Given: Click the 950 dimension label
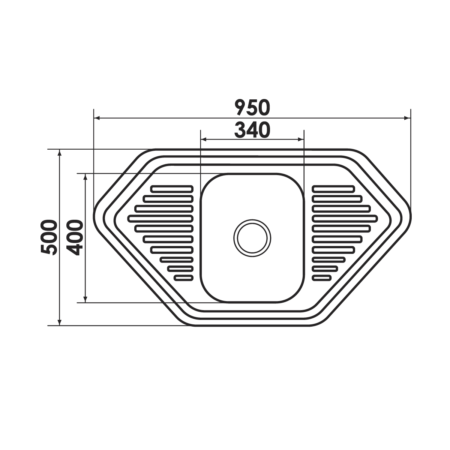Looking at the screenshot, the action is tap(252, 107).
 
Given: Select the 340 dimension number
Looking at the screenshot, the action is tap(252, 130).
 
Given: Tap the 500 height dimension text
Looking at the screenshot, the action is tap(49, 237).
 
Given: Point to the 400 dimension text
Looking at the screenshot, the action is tap(75, 237).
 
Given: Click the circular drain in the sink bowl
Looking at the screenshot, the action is tap(252, 238).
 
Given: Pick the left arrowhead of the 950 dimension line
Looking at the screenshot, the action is tap(97, 118).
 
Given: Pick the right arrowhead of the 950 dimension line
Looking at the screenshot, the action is tap(407, 118).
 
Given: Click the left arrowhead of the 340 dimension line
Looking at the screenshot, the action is tap(204, 139).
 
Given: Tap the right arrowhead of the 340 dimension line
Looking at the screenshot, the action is tap(301, 139).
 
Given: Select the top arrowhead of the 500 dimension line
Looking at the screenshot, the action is tap(60, 153).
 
